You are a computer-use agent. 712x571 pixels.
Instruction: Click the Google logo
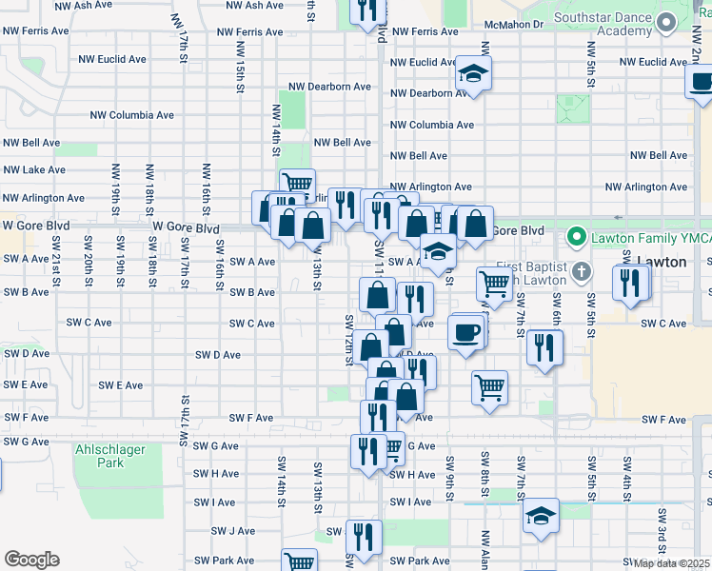tap(31, 560)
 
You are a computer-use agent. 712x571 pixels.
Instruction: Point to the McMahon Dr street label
tap(512, 23)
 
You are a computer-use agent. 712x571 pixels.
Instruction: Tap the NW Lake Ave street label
tap(33, 169)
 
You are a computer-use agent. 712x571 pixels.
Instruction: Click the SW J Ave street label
tap(233, 531)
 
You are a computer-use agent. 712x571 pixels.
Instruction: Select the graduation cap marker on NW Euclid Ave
tap(473, 73)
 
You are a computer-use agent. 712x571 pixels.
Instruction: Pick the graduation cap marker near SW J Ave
tap(541, 515)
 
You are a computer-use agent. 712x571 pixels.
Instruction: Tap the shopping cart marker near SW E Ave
tap(489, 385)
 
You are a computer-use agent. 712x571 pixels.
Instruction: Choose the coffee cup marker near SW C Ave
tap(465, 332)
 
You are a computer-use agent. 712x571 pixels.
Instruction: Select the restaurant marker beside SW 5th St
tap(630, 283)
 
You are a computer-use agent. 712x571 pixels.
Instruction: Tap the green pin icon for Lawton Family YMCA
tap(575, 235)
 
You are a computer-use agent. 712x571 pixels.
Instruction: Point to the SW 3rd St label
tap(662, 529)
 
